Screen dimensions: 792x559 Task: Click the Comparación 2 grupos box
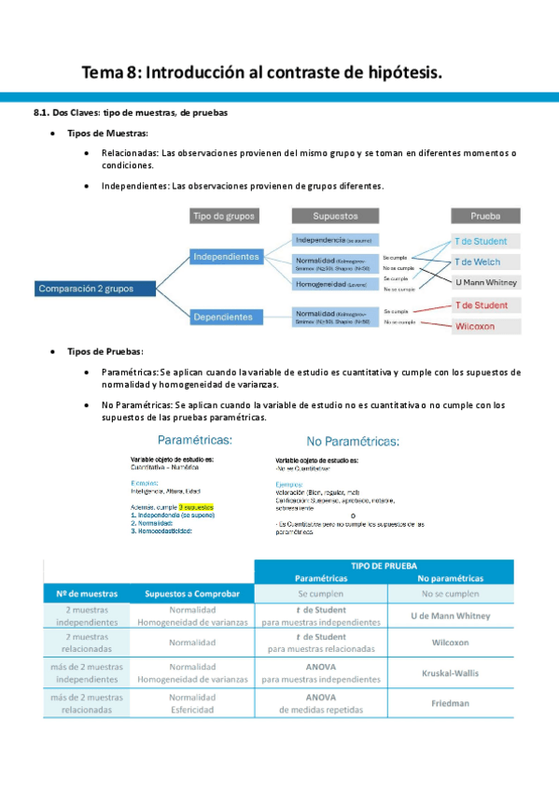pos(85,289)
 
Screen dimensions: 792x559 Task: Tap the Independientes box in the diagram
pos(226,256)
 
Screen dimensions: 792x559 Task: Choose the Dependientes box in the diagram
pos(222,317)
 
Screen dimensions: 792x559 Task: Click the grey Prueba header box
pos(485,216)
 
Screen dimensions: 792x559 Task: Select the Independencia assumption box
pos(335,240)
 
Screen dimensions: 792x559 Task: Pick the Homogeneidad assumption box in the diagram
pos(335,283)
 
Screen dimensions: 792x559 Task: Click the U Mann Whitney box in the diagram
pos(485,282)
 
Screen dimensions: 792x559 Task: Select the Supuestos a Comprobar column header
pos(192,593)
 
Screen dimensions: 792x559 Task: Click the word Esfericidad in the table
pos(193,709)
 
